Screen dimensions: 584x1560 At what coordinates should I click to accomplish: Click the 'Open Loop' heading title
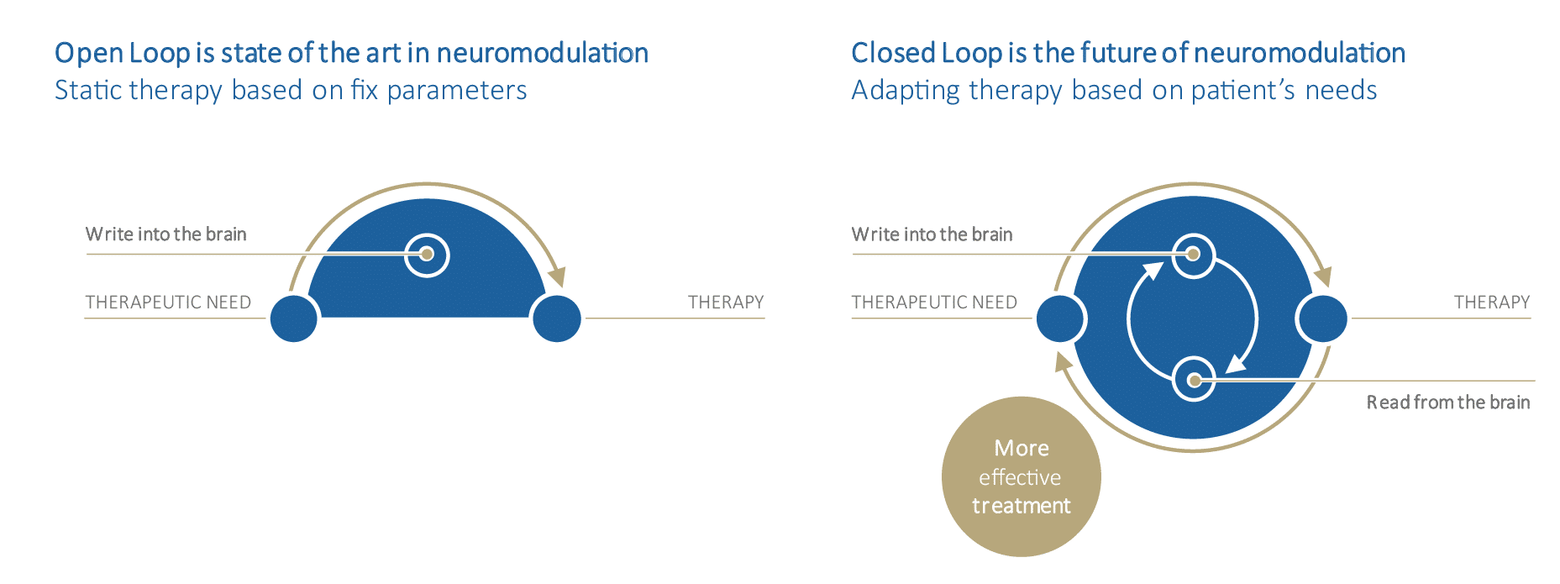(351, 53)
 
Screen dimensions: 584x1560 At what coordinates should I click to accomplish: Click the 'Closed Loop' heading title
(1127, 53)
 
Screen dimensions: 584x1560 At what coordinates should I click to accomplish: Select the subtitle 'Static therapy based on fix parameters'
(291, 91)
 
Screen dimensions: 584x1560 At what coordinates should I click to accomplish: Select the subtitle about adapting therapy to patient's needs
(1114, 91)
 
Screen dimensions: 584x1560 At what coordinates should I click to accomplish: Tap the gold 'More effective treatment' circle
(1021, 476)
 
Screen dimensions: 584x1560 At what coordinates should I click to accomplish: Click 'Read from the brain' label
(1447, 402)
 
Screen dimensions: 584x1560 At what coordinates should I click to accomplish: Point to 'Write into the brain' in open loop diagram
(165, 234)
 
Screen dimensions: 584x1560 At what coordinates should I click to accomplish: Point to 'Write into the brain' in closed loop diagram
(932, 234)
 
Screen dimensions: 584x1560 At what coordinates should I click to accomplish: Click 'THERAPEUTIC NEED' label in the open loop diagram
(168, 303)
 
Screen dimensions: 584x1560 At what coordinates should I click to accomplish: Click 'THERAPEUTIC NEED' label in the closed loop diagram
(934, 303)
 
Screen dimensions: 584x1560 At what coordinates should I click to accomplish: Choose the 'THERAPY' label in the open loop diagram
(726, 303)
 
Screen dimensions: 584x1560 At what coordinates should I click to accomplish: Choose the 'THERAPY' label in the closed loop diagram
(1492, 303)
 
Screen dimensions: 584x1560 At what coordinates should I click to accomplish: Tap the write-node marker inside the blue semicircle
(427, 254)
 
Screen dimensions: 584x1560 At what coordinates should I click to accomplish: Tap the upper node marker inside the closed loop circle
(1193, 254)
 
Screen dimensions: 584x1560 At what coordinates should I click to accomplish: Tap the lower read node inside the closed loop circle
(1194, 381)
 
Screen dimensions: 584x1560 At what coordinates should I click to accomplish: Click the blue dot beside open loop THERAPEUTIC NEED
(294, 318)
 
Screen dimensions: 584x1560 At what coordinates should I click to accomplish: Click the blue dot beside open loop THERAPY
(557, 318)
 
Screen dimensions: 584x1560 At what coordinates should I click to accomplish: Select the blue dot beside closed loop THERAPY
(1322, 318)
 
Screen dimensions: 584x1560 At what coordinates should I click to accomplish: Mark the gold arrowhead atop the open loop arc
(557, 276)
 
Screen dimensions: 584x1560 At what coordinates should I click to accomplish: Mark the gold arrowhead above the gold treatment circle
(1064, 362)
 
